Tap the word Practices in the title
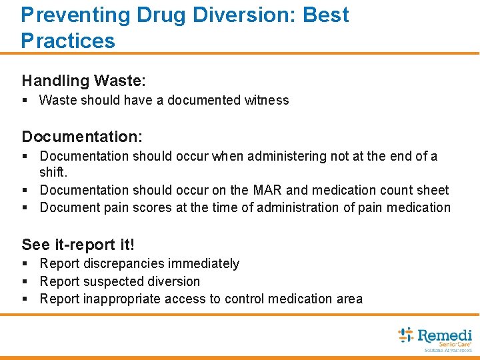click(x=68, y=41)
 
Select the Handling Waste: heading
click(x=84, y=81)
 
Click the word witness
click(x=267, y=100)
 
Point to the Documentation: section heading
click(x=82, y=137)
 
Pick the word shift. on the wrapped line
click(x=55, y=172)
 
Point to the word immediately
click(x=203, y=263)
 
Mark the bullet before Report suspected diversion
click(x=25, y=281)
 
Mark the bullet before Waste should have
click(x=25, y=100)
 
